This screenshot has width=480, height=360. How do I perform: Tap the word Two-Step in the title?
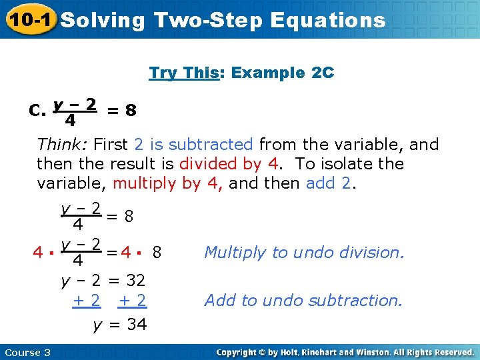(208, 20)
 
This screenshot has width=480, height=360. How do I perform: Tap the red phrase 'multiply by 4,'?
(168, 183)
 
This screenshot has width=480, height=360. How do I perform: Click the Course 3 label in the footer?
(27, 352)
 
